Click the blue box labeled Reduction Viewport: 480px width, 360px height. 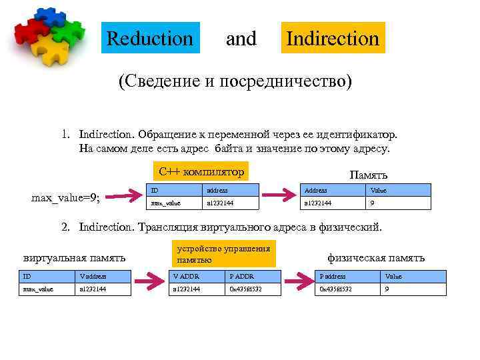149,39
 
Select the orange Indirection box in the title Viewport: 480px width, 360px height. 333,39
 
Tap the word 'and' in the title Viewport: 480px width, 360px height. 241,39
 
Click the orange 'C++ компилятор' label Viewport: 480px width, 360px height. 201,171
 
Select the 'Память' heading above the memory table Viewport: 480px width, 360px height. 369,175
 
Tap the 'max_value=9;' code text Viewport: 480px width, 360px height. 66,197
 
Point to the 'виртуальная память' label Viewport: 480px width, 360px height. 74,257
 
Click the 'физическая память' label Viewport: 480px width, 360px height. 376,257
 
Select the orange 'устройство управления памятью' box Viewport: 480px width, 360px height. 223,254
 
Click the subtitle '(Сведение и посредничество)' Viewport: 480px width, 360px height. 235,81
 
